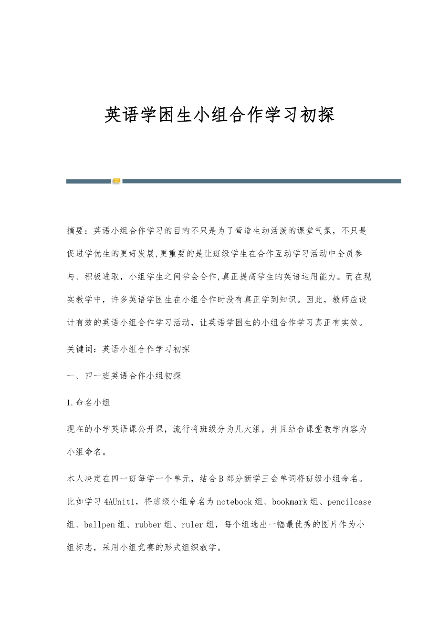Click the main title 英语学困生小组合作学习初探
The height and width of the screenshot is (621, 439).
[219, 115]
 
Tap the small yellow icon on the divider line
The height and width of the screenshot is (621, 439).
[116, 181]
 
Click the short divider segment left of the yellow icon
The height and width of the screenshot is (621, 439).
[89, 181]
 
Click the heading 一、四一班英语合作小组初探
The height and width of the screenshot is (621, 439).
[124, 376]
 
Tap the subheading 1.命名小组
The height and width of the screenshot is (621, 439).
[88, 403]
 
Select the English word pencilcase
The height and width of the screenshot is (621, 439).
[349, 501]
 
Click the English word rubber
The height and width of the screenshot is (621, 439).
[148, 525]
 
